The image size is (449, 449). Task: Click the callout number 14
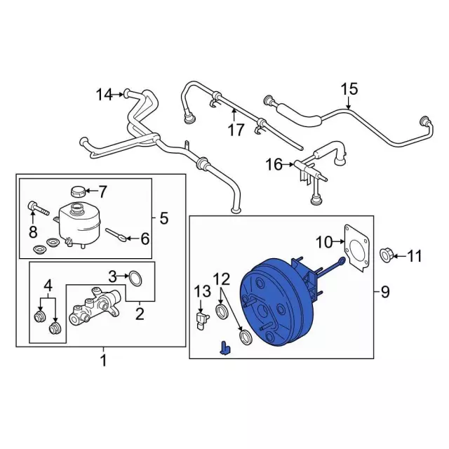(x=104, y=94)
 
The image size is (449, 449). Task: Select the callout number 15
(x=349, y=89)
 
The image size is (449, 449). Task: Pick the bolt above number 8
(x=36, y=208)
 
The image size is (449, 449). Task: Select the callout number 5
(x=163, y=219)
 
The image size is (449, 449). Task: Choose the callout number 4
(x=48, y=285)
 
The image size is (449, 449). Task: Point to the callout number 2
(x=140, y=315)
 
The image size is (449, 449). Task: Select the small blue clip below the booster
(x=224, y=347)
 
